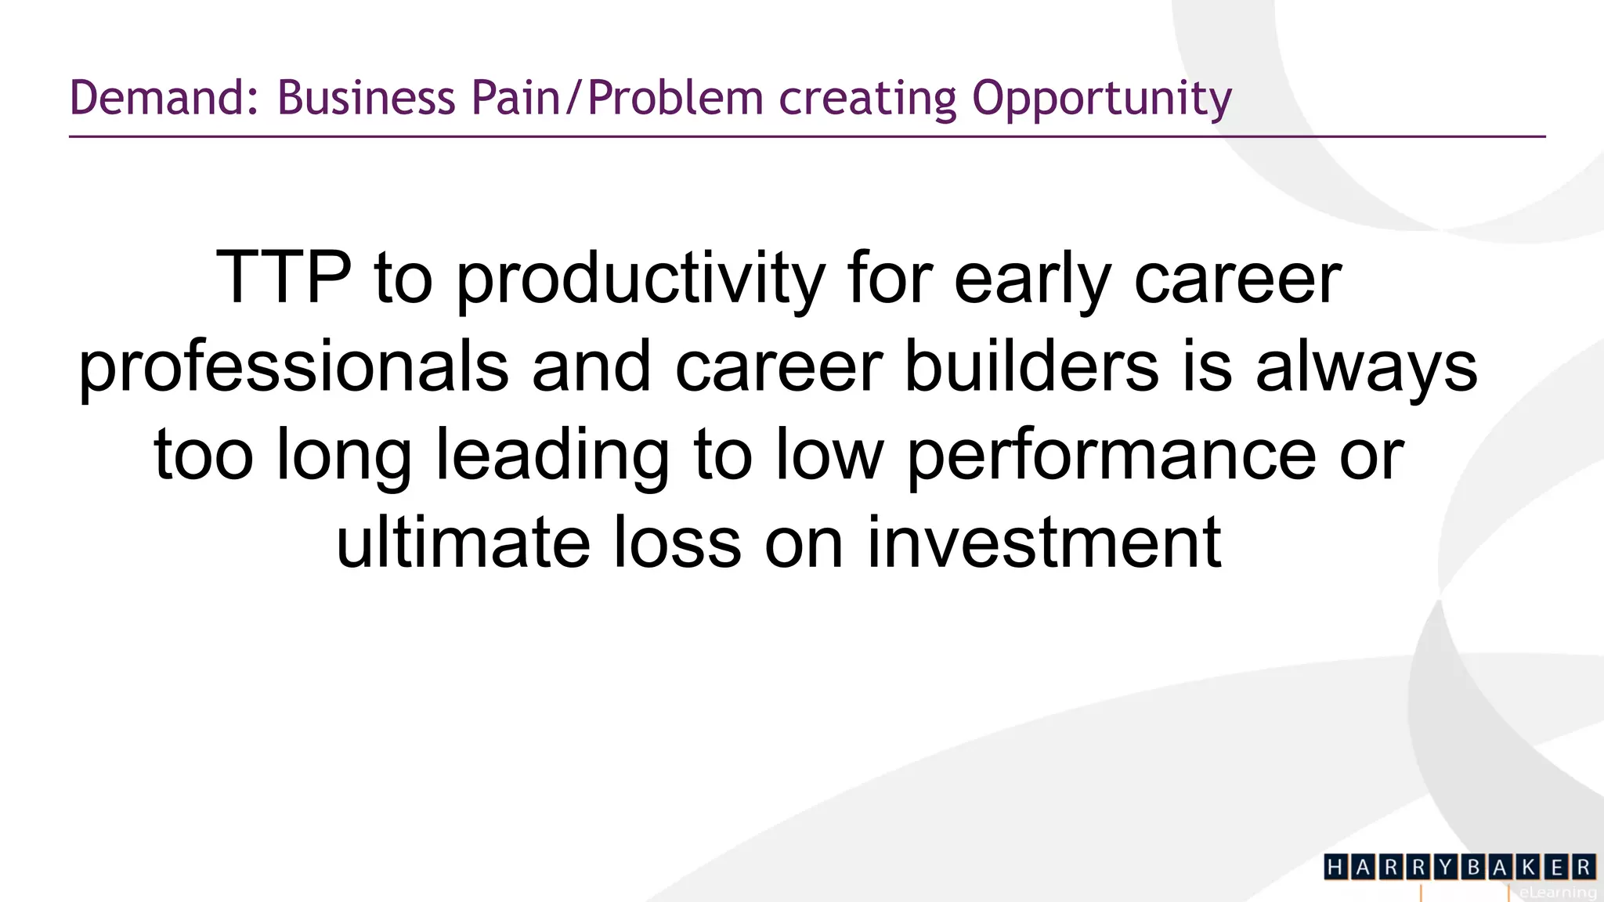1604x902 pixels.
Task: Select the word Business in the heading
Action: pos(366,99)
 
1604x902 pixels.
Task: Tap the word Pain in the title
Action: pos(515,99)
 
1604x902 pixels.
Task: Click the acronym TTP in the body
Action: pos(284,277)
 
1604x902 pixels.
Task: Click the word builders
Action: pos(1031,366)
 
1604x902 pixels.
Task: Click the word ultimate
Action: pos(463,543)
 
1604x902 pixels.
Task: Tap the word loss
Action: pos(677,543)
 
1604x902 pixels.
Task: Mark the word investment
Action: pos(1044,543)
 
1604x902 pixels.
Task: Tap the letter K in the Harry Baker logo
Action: pos(1528,867)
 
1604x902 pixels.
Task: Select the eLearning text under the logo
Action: pos(1557,892)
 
